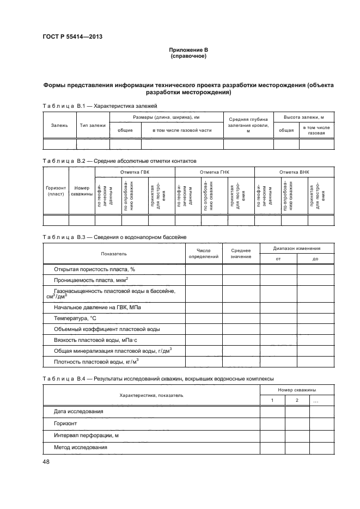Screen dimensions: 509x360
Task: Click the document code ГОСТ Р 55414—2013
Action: pos(72,37)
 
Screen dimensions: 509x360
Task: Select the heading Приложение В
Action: pos(188,51)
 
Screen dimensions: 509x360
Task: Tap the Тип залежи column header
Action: pos(93,125)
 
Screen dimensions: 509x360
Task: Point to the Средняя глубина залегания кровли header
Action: pos(248,125)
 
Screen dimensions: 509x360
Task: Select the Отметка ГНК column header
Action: pos(215,171)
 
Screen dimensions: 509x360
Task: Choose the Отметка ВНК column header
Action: pos(294,171)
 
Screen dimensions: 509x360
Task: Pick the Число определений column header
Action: pos(203,253)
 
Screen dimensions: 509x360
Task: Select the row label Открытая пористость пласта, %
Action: pos(94,269)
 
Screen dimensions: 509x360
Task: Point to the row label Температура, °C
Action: pos(75,319)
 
